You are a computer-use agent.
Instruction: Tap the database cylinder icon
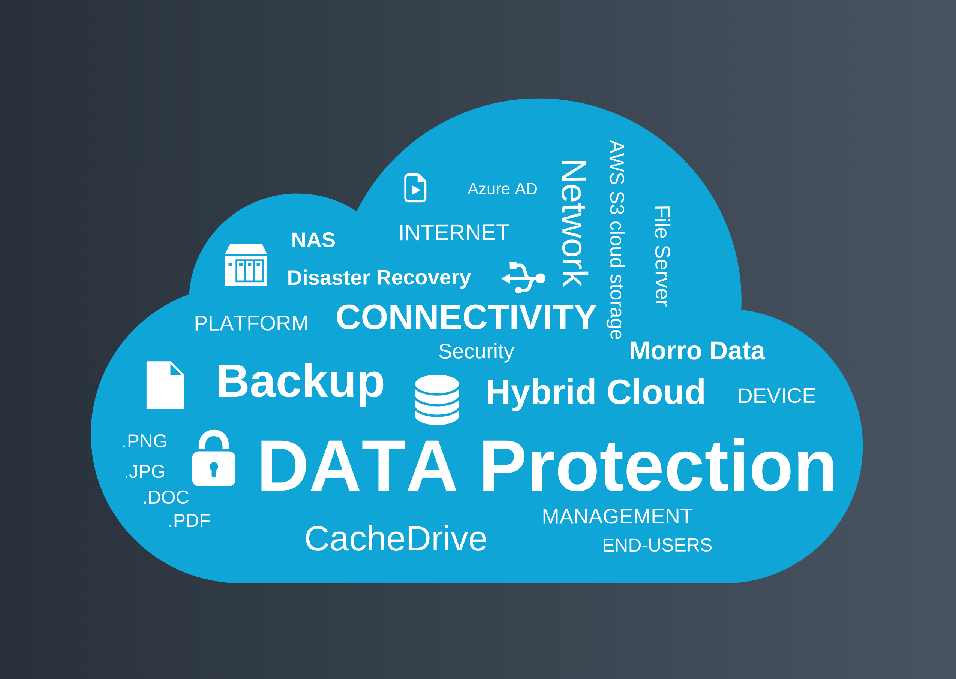point(437,400)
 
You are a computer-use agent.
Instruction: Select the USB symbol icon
point(524,278)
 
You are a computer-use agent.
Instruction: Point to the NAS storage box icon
point(246,265)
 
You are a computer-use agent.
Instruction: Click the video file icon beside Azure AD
point(415,188)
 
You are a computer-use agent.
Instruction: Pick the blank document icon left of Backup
point(165,385)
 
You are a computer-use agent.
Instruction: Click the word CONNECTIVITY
point(466,317)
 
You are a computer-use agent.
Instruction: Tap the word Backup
point(300,382)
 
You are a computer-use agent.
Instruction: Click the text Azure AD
point(502,189)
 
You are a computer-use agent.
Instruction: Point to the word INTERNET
point(454,233)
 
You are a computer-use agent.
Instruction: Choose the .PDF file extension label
point(189,521)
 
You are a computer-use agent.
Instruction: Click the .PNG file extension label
point(145,441)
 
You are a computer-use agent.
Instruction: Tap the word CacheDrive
point(396,539)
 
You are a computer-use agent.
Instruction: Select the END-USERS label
point(657,545)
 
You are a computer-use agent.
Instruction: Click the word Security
point(476,351)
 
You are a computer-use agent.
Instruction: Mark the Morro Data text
point(697,351)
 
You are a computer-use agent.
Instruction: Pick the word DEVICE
point(776,396)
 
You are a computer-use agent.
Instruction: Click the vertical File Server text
point(662,256)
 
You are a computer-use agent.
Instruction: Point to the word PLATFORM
point(251,323)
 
